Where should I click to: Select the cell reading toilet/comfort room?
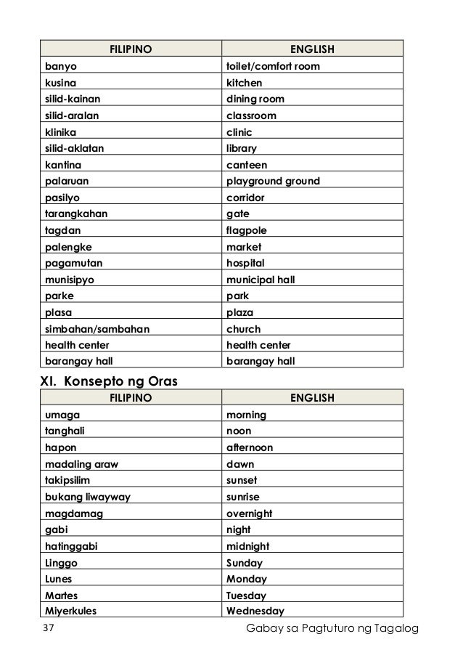[x=273, y=67]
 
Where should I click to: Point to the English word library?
[x=242, y=149]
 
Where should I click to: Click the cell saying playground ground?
[x=273, y=182]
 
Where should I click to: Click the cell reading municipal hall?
[x=261, y=280]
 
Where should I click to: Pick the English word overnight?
[x=249, y=513]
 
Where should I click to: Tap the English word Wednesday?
[x=255, y=612]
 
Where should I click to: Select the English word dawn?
[x=240, y=464]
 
